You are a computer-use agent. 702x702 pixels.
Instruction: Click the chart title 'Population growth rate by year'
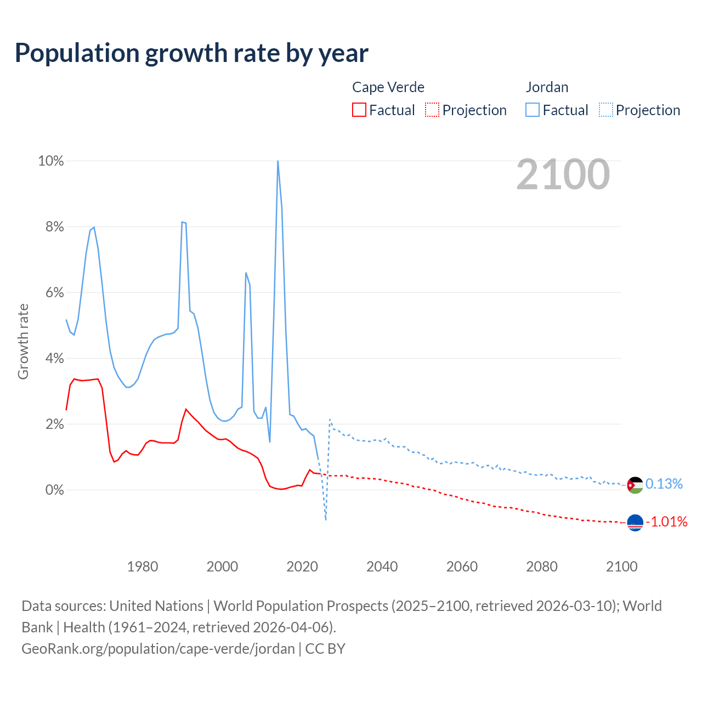click(191, 53)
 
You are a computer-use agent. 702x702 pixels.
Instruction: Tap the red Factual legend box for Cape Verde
click(359, 110)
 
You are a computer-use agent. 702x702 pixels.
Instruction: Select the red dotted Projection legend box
click(432, 110)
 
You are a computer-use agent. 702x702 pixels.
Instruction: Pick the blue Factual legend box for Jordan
click(533, 110)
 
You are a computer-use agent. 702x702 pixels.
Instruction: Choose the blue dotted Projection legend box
click(606, 110)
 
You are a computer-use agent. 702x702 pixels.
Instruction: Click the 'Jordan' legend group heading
click(547, 87)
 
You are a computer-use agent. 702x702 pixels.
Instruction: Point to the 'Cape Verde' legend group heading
click(388, 87)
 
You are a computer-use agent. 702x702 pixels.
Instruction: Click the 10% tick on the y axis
click(50, 161)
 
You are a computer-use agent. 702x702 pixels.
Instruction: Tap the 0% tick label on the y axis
click(54, 490)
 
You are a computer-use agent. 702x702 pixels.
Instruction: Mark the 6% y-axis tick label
click(54, 292)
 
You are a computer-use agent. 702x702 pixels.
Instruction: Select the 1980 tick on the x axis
click(143, 567)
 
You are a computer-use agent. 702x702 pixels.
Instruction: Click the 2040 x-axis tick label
click(382, 567)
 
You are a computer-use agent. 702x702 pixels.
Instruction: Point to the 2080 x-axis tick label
click(542, 567)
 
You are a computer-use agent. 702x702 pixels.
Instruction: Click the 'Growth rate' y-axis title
click(23, 341)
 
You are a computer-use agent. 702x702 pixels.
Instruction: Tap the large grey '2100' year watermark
click(563, 174)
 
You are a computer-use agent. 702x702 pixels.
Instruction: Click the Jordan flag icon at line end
click(635, 485)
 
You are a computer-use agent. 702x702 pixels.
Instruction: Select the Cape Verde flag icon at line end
click(635, 523)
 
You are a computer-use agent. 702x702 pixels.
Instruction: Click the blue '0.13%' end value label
click(664, 484)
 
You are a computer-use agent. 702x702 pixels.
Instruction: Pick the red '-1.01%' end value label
click(666, 522)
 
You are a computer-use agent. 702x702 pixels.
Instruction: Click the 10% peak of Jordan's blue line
click(278, 161)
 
